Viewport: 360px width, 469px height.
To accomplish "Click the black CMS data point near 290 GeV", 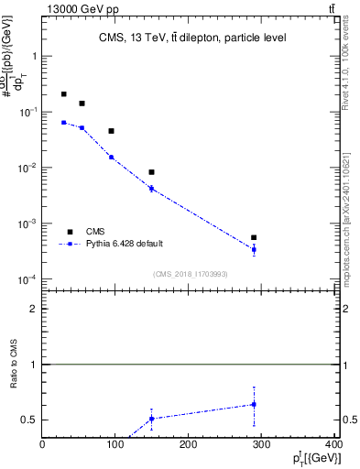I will click(254, 238).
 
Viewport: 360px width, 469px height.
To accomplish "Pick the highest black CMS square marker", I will click(63, 94).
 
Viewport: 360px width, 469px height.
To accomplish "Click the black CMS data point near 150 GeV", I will click(151, 172).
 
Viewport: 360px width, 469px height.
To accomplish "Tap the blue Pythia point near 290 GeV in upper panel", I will click(254, 249).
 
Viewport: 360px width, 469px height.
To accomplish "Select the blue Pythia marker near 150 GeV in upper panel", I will click(151, 189).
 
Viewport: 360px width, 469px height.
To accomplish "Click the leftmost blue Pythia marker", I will click(63, 122).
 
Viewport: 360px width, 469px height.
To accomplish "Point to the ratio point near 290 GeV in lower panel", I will click(254, 404).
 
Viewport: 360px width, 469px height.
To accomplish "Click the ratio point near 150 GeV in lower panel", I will click(151, 419).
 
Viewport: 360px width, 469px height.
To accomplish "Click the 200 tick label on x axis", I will click(189, 445).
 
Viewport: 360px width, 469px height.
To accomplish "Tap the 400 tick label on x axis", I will click(333, 445).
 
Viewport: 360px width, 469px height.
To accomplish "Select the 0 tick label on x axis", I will click(43, 445).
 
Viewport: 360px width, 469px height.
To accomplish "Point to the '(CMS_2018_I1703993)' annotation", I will click(191, 274).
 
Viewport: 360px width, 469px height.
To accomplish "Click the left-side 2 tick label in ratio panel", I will click(34, 309).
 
